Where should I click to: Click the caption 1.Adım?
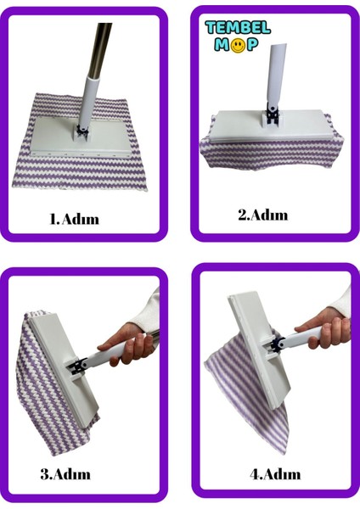click(x=75, y=219)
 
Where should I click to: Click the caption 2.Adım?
click(x=262, y=215)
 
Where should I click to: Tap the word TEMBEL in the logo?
click(x=237, y=28)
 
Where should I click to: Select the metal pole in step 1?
click(x=99, y=47)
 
